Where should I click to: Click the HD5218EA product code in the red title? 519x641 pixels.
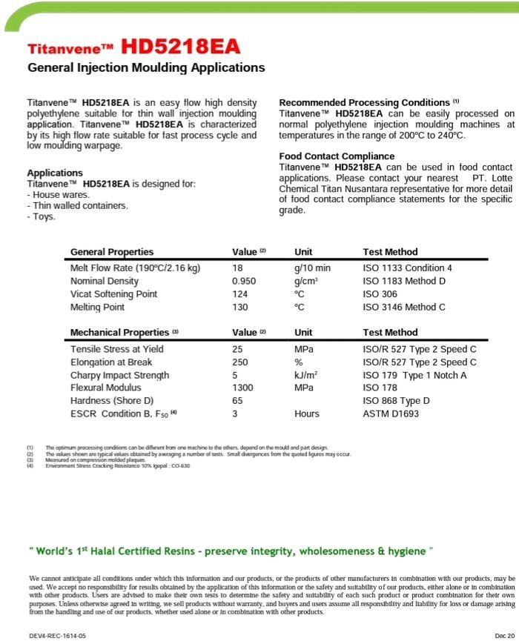(x=182, y=47)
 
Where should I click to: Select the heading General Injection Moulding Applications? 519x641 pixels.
(x=146, y=67)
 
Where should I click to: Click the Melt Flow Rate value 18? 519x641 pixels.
(x=237, y=268)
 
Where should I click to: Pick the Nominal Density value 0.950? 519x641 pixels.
(x=244, y=282)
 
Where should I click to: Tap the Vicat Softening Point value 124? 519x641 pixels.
(x=240, y=294)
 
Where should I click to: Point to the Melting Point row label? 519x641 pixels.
(x=97, y=308)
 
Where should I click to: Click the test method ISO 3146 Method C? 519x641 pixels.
(x=404, y=308)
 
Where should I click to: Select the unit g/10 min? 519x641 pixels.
(x=312, y=268)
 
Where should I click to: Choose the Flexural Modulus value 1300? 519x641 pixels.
(x=242, y=388)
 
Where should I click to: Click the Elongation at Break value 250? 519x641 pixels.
(x=240, y=362)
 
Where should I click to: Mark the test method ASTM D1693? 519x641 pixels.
(x=391, y=414)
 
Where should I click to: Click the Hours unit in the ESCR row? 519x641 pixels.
(x=306, y=414)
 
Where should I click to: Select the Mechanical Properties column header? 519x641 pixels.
(x=120, y=333)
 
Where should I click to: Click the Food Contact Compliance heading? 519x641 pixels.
(x=337, y=156)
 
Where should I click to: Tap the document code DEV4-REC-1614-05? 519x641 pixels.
(x=57, y=636)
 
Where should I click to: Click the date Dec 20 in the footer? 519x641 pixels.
(x=503, y=636)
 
